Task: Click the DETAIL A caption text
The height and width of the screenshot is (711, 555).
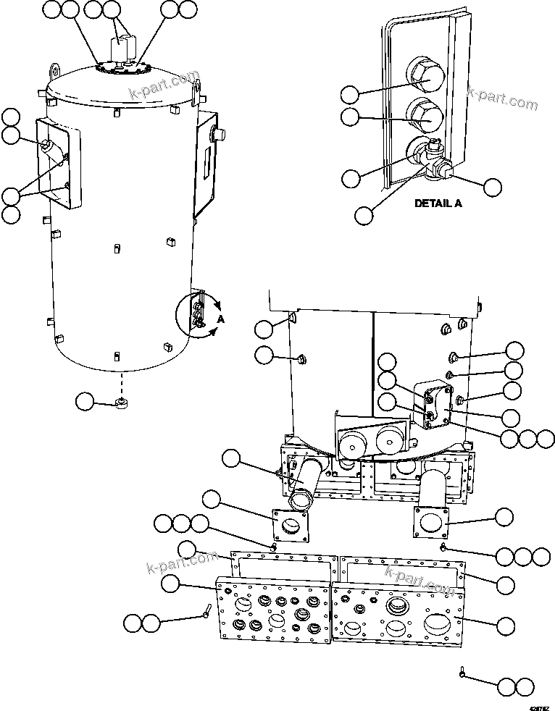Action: pos(438,203)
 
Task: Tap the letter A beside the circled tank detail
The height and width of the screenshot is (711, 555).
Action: pos(220,319)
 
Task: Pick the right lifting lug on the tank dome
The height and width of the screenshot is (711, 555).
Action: pos(196,88)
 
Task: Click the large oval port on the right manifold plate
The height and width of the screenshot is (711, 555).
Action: pos(440,622)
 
